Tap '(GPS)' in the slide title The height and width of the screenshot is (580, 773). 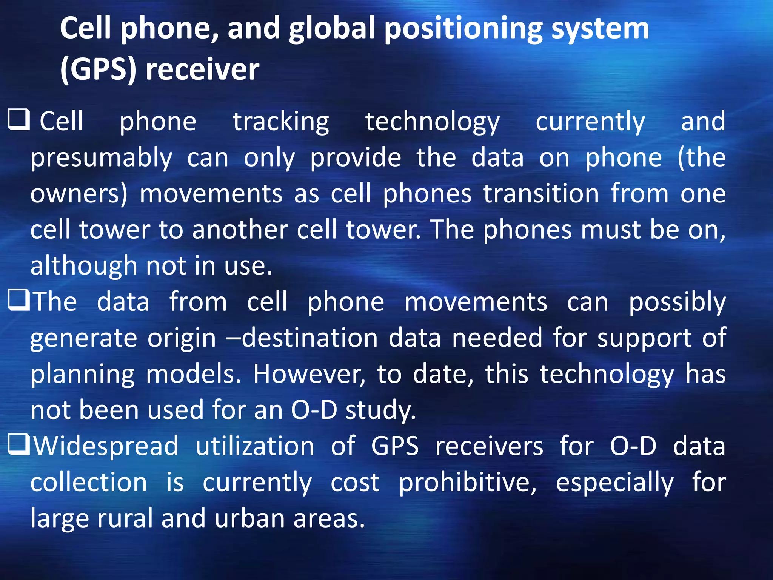coord(98,69)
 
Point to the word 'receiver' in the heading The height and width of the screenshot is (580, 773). coord(203,69)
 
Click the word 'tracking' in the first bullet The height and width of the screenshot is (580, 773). coord(281,122)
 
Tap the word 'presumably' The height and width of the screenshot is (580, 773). coord(102,158)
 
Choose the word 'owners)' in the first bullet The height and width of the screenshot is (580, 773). coord(79,194)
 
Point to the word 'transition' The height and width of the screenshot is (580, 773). coord(541,194)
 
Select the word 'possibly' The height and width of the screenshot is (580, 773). coord(677,302)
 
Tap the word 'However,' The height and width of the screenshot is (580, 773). coord(309,374)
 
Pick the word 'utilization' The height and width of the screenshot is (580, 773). coord(255,446)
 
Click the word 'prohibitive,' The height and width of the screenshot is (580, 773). coord(468,482)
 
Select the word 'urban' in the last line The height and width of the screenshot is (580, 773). coord(249,518)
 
